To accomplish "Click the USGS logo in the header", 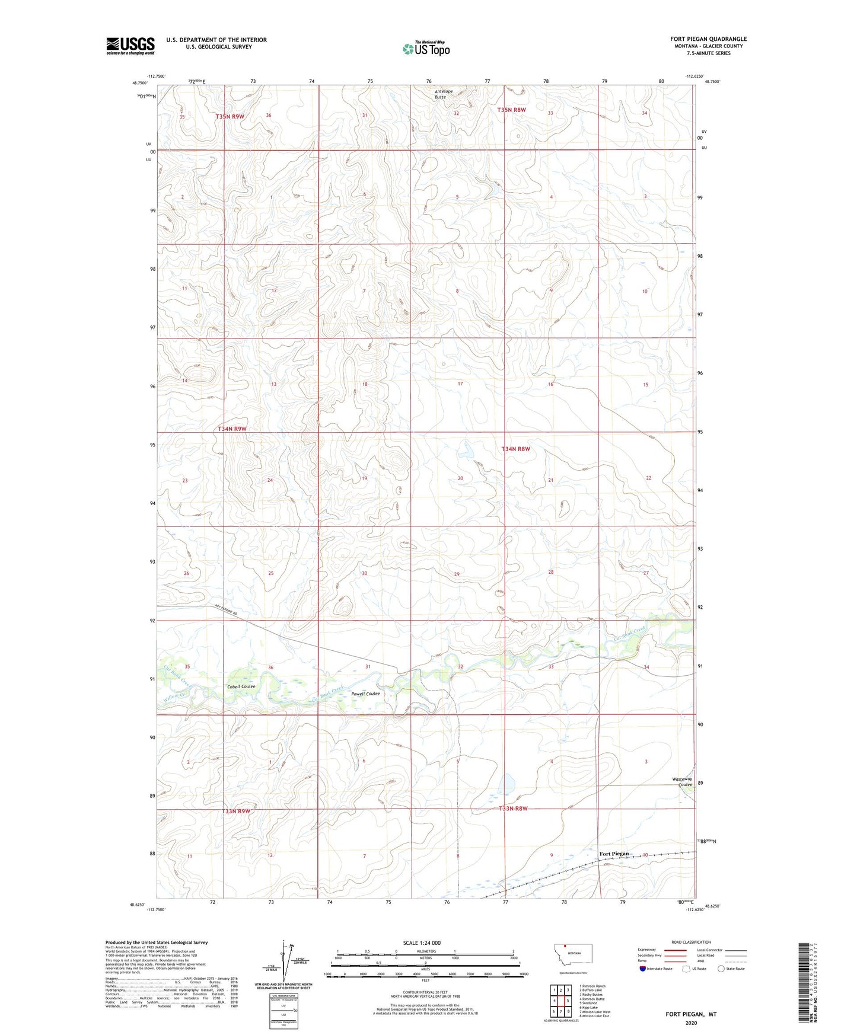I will [x=130, y=46].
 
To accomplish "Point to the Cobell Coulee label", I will [x=241, y=686].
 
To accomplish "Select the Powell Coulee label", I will [x=365, y=694].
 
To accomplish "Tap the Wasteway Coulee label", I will [x=682, y=782].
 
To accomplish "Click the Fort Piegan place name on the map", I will [x=614, y=854].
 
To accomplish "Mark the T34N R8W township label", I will [x=515, y=449].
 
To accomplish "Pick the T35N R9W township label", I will [x=230, y=117].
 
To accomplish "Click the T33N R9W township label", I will [x=235, y=811].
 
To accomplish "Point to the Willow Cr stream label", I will [x=174, y=695].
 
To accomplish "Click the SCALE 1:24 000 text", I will [x=422, y=943].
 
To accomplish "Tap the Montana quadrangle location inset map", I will [x=568, y=954].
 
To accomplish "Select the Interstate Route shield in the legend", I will [x=643, y=969].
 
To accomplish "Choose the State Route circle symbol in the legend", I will [x=721, y=969].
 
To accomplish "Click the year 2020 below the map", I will [x=691, y=1023].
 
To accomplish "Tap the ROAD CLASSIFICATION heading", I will [x=691, y=942].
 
